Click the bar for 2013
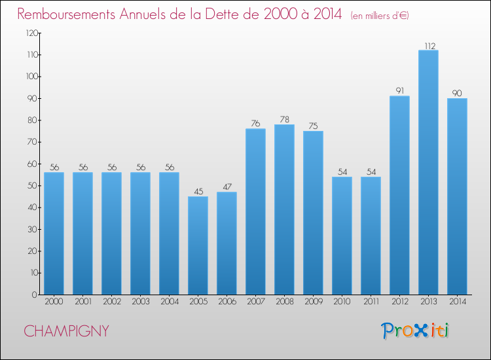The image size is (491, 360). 428,172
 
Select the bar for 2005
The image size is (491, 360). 198,245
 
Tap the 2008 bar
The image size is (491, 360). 284,209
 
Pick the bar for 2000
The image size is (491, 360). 54,233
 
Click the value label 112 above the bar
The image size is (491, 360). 430,46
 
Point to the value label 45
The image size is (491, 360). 198,191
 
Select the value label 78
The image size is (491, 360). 285,119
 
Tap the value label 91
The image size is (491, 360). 400,90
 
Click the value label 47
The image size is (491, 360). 227,187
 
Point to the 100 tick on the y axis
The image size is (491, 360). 32,77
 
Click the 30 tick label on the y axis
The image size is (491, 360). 32,229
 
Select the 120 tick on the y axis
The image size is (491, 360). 32,33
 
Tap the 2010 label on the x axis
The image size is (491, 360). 342,302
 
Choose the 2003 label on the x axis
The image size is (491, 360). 141,302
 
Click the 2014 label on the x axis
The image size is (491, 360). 458,302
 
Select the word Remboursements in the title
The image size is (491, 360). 66,14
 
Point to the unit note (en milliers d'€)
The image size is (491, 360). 380,16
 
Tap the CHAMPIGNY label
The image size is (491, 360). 66,331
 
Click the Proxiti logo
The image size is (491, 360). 415,331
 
